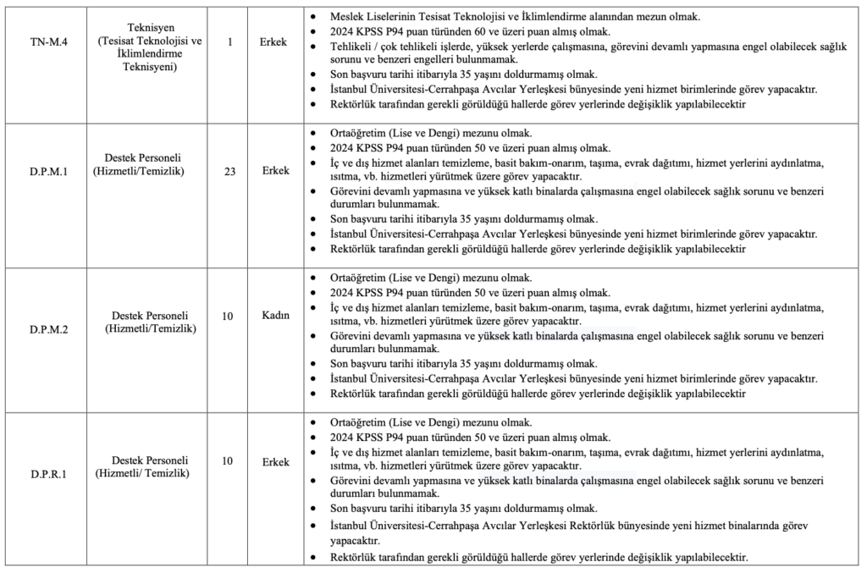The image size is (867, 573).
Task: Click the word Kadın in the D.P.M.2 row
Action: coord(276,316)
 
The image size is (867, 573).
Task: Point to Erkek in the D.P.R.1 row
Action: coord(276,462)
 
